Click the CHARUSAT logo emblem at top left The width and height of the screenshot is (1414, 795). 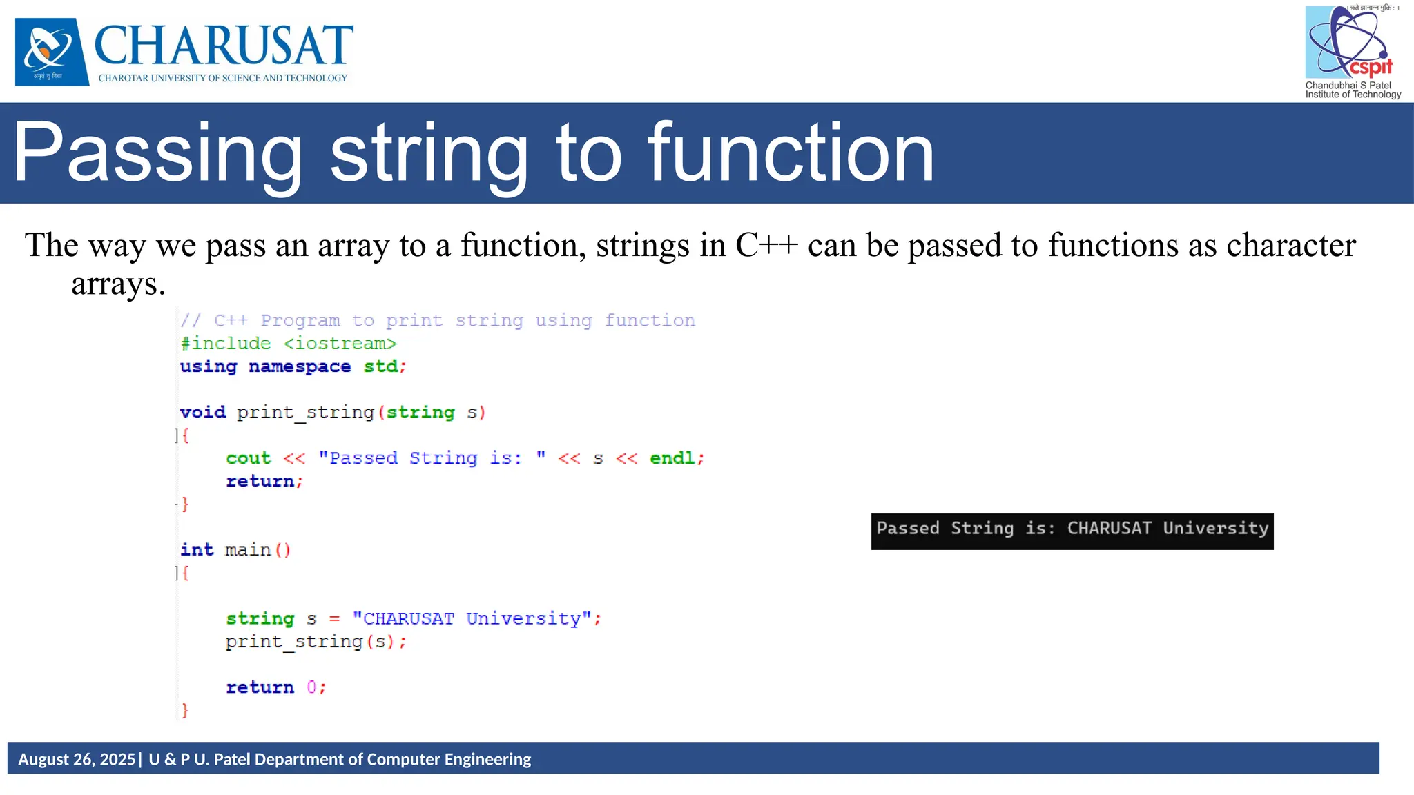coord(52,52)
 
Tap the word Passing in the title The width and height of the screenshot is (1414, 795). coord(157,153)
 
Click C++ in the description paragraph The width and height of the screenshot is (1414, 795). coord(766,246)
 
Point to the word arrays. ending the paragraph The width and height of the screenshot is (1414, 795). coord(118,284)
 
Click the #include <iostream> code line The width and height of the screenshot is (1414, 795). coord(289,344)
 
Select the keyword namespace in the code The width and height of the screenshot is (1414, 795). coord(299,366)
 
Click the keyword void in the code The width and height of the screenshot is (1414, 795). coord(202,413)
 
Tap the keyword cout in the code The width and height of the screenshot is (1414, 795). coord(248,458)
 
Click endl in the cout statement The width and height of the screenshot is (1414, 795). coord(672,458)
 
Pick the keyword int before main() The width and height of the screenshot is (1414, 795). coord(197,550)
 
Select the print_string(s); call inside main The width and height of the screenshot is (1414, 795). coord(316,642)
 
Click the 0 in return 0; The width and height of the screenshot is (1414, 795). coord(311,687)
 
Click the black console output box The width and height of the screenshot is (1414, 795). coord(1072,531)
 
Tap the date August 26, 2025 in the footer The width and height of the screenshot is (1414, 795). coord(77,759)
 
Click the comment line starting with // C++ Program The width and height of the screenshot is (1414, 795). coord(437,321)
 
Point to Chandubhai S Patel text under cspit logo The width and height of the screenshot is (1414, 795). coord(1348,86)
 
